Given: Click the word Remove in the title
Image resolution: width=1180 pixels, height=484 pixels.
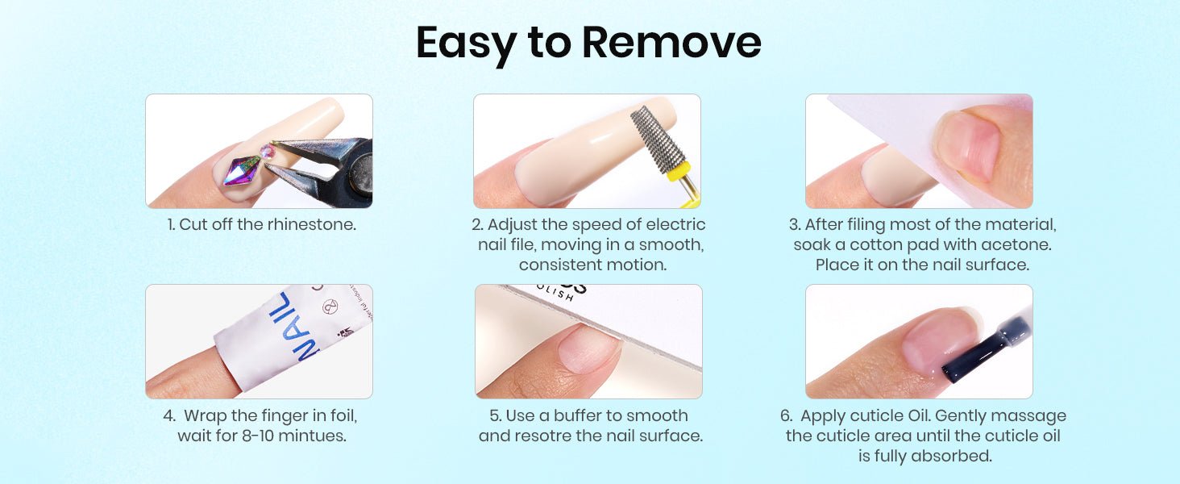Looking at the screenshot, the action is [x=671, y=42].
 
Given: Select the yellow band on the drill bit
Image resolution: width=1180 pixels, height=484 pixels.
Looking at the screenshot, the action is [x=679, y=172].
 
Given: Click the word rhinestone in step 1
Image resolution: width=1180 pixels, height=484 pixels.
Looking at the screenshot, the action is [x=312, y=224].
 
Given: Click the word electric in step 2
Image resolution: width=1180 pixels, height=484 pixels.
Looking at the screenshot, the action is [x=675, y=224].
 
